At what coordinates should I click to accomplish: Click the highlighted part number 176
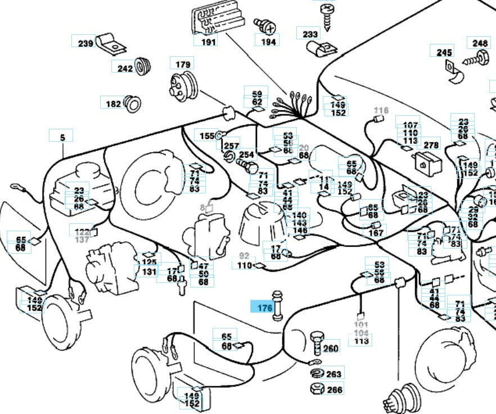[264, 308]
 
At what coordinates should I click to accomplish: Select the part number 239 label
[85, 43]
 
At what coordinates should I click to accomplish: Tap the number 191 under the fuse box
[209, 42]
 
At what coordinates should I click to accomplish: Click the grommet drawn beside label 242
[144, 66]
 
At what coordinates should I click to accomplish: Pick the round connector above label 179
[182, 87]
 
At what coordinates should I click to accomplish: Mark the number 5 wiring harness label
[62, 137]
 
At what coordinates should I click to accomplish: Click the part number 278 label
[431, 145]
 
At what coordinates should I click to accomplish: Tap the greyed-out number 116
[381, 110]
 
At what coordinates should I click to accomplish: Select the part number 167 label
[376, 233]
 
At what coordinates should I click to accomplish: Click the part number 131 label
[149, 272]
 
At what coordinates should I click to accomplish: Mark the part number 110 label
[245, 265]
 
